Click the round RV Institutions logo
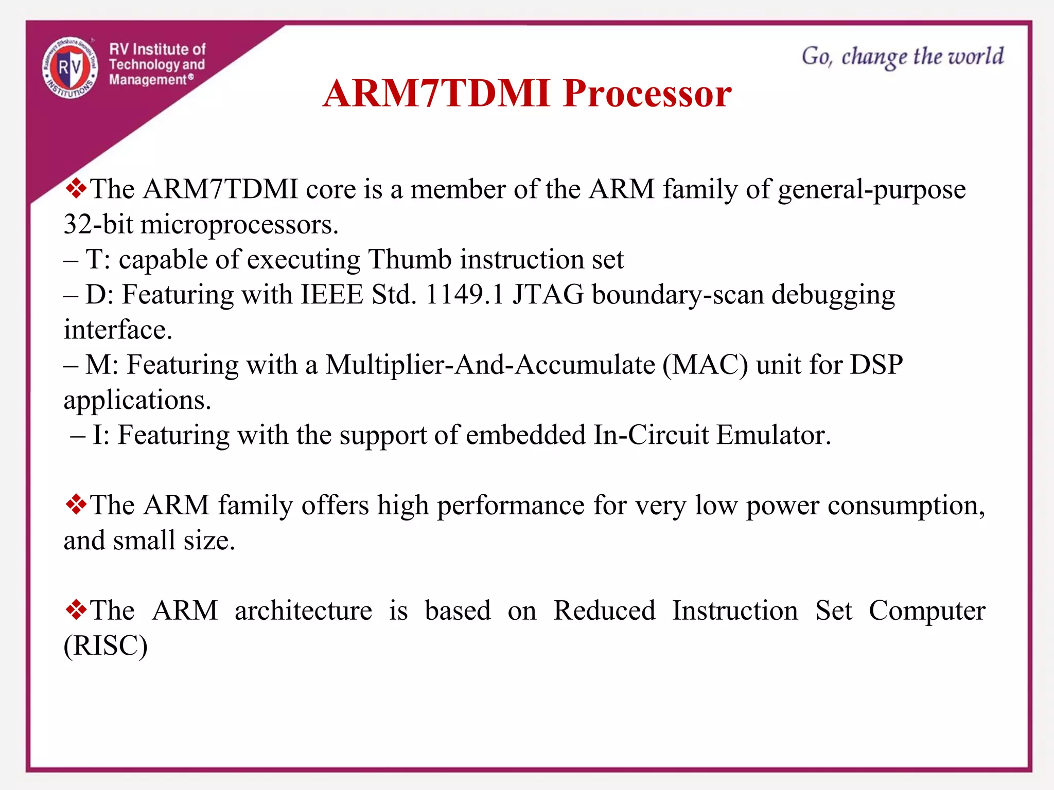pos(70,67)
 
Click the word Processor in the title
pos(647,94)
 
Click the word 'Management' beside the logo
pos(148,80)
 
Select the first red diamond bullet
pos(76,189)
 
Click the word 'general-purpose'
pos(871,190)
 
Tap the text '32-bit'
pos(98,225)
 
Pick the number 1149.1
pos(464,295)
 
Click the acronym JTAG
pos(548,295)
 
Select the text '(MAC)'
pos(705,365)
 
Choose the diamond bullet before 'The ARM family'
pos(76,505)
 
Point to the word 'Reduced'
pos(604,611)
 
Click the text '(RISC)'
pos(106,646)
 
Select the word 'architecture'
pos(303,611)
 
